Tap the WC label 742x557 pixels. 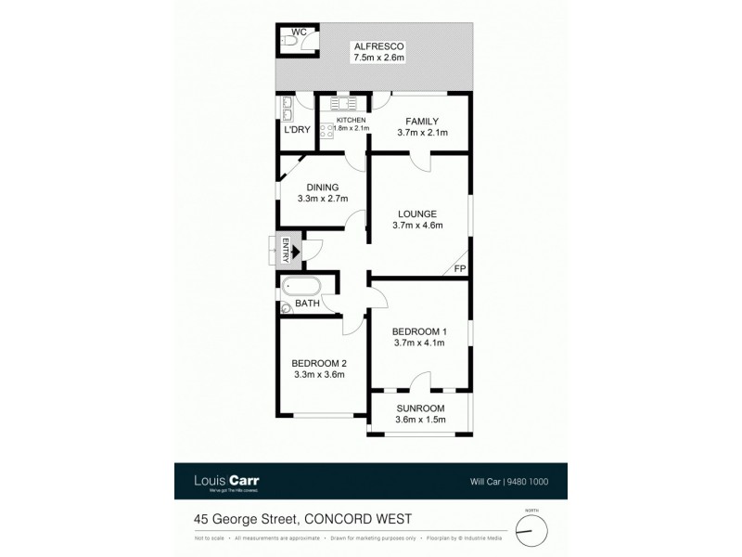coord(299,32)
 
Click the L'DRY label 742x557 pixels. coord(297,129)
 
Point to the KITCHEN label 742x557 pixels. coord(351,121)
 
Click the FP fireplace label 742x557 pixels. coord(458,269)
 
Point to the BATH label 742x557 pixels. coord(307,304)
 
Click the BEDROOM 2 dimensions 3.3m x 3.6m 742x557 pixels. coord(318,375)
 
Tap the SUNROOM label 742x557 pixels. coord(420,408)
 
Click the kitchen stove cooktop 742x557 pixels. coord(326,130)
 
